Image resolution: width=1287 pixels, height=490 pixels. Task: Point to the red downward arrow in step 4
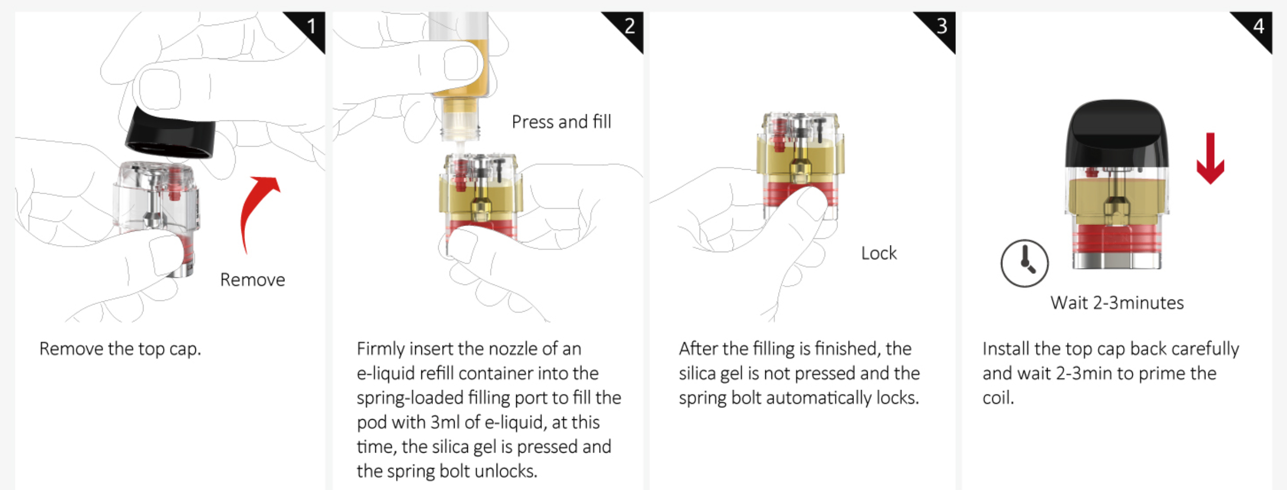pyautogui.click(x=1211, y=158)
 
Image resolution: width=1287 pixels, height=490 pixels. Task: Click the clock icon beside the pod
pyautogui.click(x=1025, y=263)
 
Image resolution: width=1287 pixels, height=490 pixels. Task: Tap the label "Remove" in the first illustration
pyautogui.click(x=253, y=280)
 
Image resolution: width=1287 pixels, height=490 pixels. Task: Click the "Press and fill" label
pyautogui.click(x=561, y=122)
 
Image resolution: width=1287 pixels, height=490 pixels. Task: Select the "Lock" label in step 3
pyautogui.click(x=879, y=253)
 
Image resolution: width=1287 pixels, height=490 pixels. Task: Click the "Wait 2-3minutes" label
pyautogui.click(x=1117, y=303)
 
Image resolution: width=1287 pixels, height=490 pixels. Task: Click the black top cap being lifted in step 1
pyautogui.click(x=171, y=132)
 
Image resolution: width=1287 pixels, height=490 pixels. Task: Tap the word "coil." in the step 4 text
pyautogui.click(x=998, y=398)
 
